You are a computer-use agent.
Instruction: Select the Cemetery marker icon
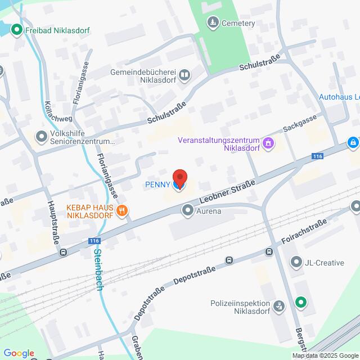213,23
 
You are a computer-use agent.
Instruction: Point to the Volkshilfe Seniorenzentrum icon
41,136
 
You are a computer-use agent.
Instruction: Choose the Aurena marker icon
187,211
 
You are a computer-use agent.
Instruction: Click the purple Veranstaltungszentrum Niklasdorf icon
268,144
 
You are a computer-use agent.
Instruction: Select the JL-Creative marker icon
296,262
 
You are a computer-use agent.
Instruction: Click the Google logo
19,353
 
